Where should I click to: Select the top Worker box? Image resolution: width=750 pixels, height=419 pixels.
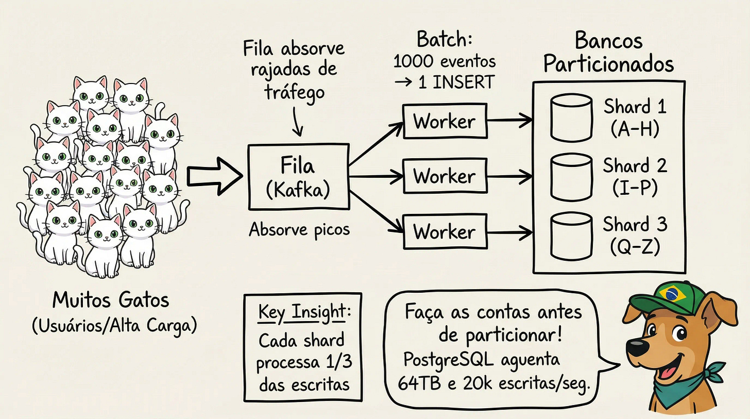click(445, 122)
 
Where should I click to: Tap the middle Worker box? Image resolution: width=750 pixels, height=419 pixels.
click(445, 176)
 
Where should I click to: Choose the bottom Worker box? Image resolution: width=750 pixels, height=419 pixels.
click(445, 231)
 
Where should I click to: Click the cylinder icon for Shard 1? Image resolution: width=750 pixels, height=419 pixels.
click(571, 118)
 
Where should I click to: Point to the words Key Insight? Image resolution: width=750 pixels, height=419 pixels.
click(302, 312)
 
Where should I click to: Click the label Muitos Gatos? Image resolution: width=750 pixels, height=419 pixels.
click(111, 300)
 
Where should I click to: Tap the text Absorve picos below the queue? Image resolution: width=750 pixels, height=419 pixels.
click(299, 229)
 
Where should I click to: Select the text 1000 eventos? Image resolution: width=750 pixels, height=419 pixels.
click(444, 61)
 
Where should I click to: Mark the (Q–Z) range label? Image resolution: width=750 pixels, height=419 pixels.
click(635, 248)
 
